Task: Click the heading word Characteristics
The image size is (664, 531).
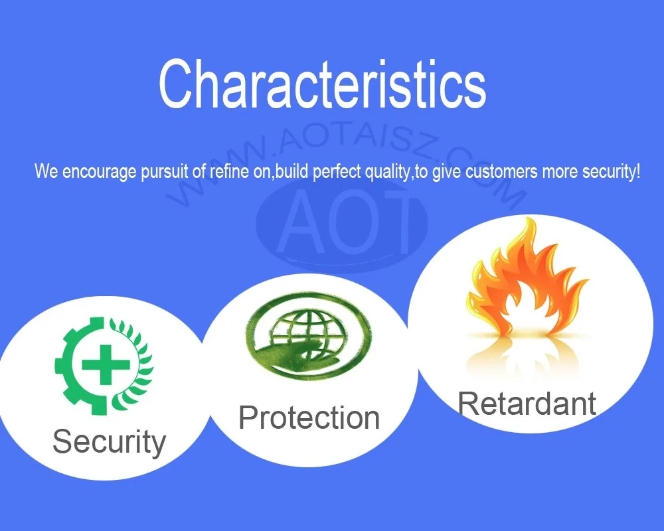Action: pyautogui.click(x=322, y=84)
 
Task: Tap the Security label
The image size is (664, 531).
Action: pyautogui.click(x=110, y=442)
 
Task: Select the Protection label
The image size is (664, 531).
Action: pyautogui.click(x=309, y=417)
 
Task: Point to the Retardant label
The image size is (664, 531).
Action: pyautogui.click(x=527, y=404)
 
